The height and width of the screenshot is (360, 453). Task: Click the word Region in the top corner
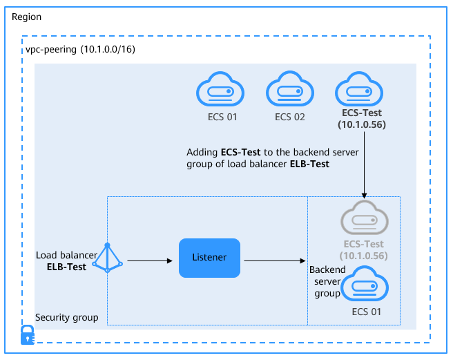click(x=27, y=16)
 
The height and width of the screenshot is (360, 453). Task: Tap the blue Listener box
click(x=209, y=258)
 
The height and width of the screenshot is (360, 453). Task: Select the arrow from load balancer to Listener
click(x=149, y=261)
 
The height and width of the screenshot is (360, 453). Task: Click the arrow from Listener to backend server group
click(x=275, y=261)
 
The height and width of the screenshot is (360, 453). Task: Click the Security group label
click(x=66, y=318)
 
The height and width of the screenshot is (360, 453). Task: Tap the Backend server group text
click(x=325, y=281)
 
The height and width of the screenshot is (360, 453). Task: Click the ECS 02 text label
click(x=289, y=117)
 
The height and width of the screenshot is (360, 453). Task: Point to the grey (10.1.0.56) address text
click(x=363, y=255)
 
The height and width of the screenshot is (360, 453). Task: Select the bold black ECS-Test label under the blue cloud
click(x=361, y=113)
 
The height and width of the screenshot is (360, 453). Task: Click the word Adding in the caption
click(x=202, y=151)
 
